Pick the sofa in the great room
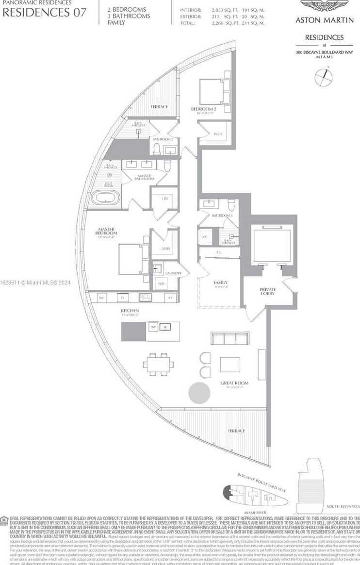pos(230,338)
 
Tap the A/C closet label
pos(204,237)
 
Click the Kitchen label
pos(130,310)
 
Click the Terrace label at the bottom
pos(236,431)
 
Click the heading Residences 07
pos(45,13)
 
